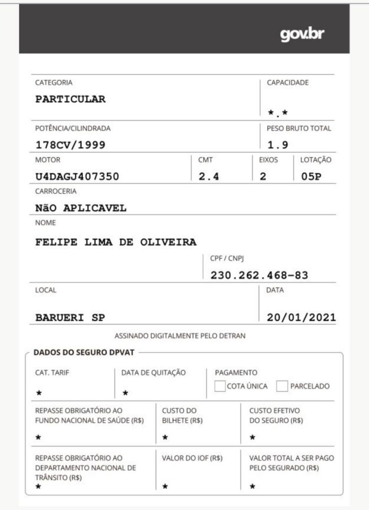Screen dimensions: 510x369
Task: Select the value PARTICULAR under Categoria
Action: [71, 99]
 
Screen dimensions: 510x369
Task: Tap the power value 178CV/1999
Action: [70, 145]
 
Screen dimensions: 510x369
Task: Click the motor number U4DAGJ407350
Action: [77, 177]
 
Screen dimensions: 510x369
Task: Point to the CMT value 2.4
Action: [209, 177]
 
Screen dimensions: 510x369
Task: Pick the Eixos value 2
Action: [263, 177]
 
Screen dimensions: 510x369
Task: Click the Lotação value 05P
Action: [311, 177]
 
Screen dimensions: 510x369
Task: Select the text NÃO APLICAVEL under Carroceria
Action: [81, 208]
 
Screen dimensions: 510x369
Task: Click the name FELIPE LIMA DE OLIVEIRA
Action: [116, 242]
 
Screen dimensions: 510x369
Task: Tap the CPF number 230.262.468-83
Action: [259, 275]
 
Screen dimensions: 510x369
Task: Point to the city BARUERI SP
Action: [70, 318]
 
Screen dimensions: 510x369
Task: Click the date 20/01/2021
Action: [301, 318]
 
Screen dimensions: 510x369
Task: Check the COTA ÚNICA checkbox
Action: [220, 386]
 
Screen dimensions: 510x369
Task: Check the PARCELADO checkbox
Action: [282, 386]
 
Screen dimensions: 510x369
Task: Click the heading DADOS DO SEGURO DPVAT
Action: [84, 353]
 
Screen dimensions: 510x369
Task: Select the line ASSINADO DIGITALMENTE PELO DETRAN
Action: [180, 336]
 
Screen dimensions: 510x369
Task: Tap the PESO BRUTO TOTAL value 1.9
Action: [278, 145]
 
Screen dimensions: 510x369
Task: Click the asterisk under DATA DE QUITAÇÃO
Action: [125, 393]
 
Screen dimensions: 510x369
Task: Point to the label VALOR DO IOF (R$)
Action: [192, 458]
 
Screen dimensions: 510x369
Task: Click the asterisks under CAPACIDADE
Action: [278, 113]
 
